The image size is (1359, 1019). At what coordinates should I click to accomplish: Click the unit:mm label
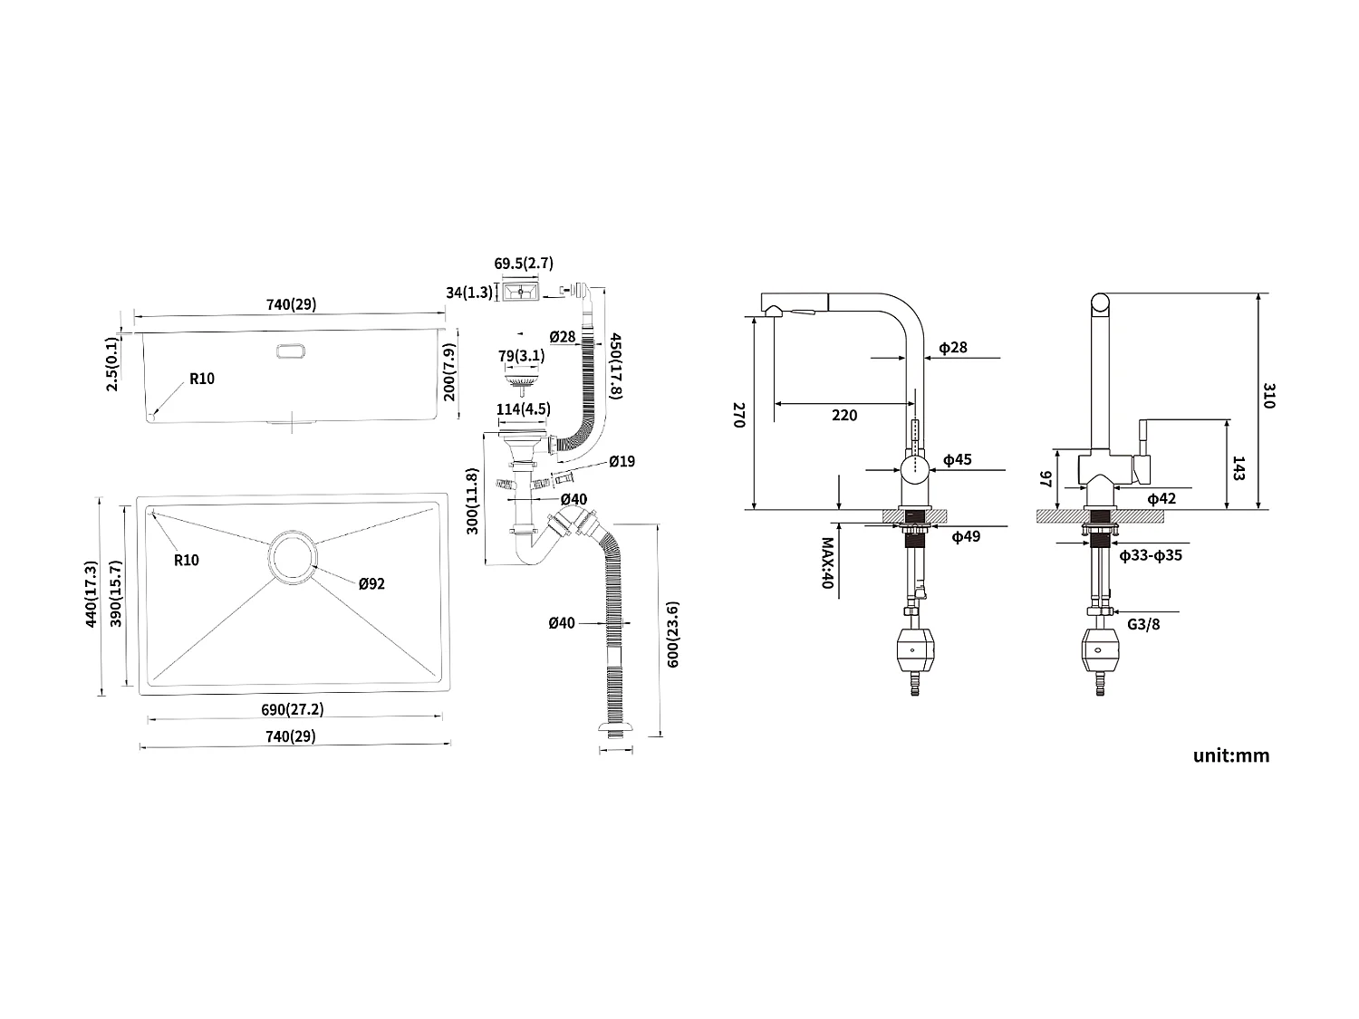(x=1230, y=755)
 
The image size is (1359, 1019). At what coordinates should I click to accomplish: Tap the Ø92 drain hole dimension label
(x=371, y=583)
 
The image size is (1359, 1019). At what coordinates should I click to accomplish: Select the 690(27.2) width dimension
(x=291, y=708)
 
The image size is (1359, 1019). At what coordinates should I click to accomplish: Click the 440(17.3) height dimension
(x=91, y=595)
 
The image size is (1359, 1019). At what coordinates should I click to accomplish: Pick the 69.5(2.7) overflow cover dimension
(x=523, y=264)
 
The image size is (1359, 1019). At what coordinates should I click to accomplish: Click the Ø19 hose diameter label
(x=622, y=462)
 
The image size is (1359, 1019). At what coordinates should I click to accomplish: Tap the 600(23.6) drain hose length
(x=672, y=634)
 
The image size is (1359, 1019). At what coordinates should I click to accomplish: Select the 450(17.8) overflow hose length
(x=616, y=366)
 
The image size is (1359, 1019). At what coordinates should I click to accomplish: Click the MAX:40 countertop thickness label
(x=826, y=563)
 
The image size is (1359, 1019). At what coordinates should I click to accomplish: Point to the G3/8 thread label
(x=1143, y=625)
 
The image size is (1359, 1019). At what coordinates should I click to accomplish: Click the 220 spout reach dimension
(x=843, y=415)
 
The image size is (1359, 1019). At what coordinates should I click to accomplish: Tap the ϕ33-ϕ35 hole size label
(x=1150, y=555)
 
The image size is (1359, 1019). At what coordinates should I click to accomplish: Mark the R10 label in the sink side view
(x=202, y=379)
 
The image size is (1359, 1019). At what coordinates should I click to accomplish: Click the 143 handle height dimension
(x=1239, y=468)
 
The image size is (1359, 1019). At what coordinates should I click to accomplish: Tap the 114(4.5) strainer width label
(x=523, y=409)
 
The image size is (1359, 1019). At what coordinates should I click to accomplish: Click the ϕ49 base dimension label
(x=965, y=536)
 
